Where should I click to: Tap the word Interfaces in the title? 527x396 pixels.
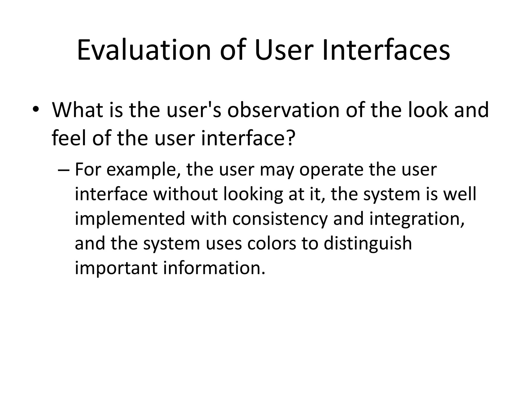386,50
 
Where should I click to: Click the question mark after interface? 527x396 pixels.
289,138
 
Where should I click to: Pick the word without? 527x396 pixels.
186,194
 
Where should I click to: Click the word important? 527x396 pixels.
116,268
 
